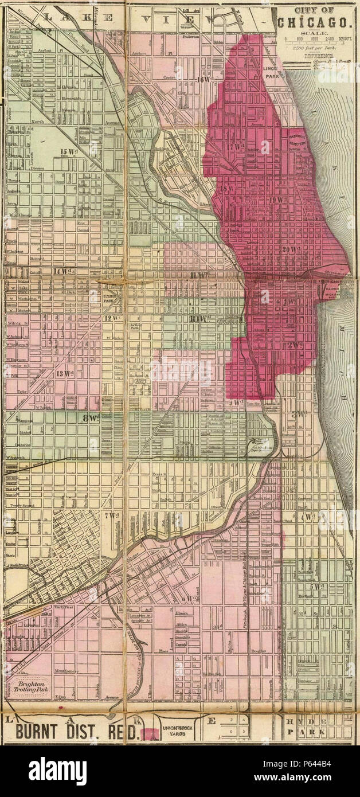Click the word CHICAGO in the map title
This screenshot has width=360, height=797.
point(315,23)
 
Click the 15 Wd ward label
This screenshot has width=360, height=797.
point(68,151)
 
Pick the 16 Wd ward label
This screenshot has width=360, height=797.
point(202,80)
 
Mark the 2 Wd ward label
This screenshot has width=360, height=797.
point(295,345)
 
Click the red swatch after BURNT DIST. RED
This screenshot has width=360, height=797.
point(151,733)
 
